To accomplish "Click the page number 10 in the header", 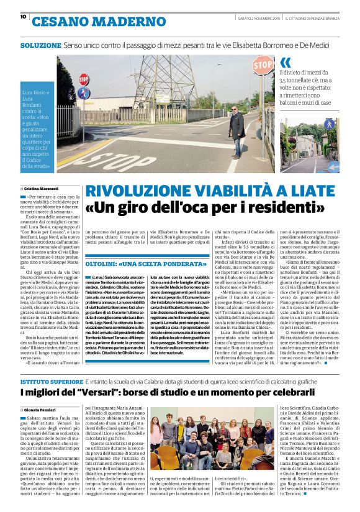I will tap(23, 17).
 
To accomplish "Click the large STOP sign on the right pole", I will tap(263, 65).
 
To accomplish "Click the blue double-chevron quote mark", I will tap(286, 62).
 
